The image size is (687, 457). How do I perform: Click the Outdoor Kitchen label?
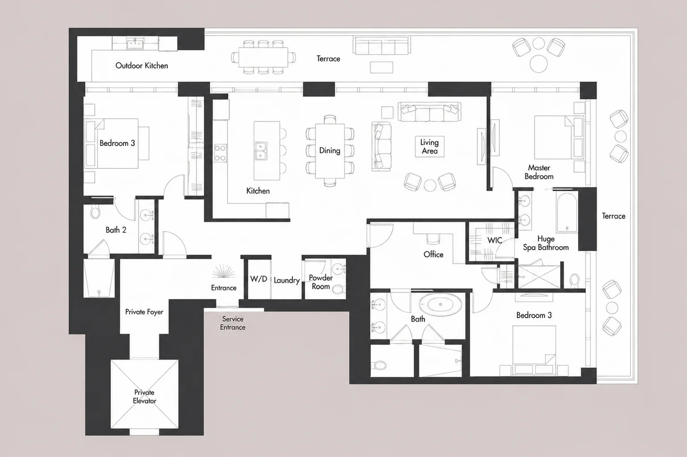(x=142, y=66)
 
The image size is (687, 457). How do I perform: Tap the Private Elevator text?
(x=144, y=397)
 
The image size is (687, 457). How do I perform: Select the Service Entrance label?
(x=233, y=323)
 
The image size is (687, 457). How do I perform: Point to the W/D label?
(x=258, y=279)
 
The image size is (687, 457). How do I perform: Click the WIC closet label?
(x=495, y=240)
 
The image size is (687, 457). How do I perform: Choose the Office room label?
(x=434, y=254)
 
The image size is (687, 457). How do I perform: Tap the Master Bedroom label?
(x=539, y=172)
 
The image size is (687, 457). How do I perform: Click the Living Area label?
(x=430, y=147)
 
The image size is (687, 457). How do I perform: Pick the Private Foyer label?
(x=144, y=312)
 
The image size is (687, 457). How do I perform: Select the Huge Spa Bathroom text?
(x=546, y=243)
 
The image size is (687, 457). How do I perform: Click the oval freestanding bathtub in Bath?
(x=440, y=304)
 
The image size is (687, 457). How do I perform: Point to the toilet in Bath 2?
(x=95, y=211)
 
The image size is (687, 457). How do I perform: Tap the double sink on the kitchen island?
(x=261, y=151)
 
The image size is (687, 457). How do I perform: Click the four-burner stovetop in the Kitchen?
(x=220, y=153)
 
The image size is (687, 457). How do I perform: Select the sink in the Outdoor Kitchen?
(x=135, y=43)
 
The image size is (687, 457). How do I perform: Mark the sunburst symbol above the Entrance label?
(x=223, y=271)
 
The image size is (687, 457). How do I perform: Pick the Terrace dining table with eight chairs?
(x=263, y=57)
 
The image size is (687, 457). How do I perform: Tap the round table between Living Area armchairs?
(x=430, y=185)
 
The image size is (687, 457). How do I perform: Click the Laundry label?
(x=287, y=281)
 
